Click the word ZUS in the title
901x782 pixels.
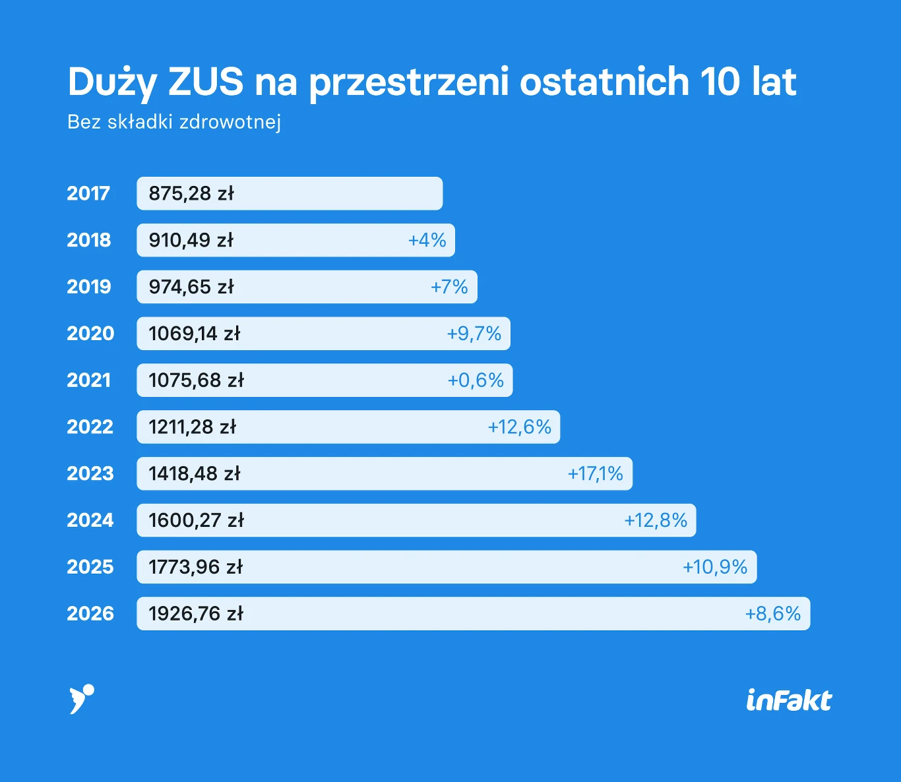click(206, 82)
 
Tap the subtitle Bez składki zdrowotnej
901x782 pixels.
click(174, 122)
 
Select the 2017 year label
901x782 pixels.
click(88, 193)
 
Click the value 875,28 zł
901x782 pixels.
click(191, 193)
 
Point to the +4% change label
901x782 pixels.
click(427, 240)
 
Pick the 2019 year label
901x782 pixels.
click(89, 287)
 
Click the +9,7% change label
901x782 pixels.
click(474, 334)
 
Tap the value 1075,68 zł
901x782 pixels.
click(196, 380)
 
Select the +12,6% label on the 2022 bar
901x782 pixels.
click(519, 427)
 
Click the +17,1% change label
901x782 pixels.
click(595, 473)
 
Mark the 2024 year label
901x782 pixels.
click(90, 520)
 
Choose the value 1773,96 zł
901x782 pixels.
click(195, 567)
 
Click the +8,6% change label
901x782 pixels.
click(772, 614)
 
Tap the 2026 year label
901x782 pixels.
click(90, 614)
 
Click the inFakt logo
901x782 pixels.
click(789, 700)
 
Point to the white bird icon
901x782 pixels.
click(81, 698)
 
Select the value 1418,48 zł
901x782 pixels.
click(195, 473)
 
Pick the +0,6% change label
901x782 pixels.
click(476, 380)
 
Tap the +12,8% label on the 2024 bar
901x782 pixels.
click(656, 520)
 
